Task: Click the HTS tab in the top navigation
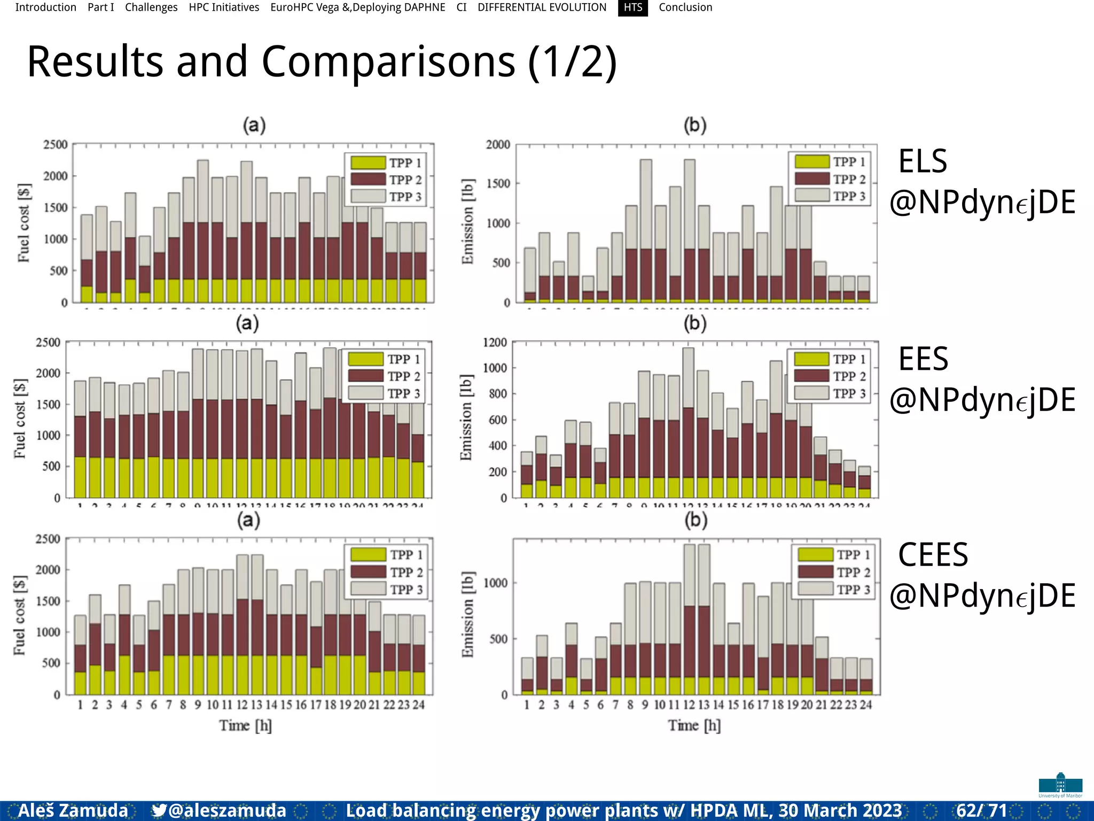pyautogui.click(x=632, y=7)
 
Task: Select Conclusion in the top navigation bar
pyautogui.click(x=685, y=7)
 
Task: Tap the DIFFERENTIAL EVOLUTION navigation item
pyautogui.click(x=542, y=7)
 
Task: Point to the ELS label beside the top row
pyautogui.click(x=923, y=161)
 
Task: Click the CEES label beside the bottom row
pyautogui.click(x=933, y=555)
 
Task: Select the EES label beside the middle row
pyautogui.click(x=923, y=359)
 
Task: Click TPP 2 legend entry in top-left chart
pyautogui.click(x=405, y=180)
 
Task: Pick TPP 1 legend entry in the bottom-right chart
pyautogui.click(x=853, y=555)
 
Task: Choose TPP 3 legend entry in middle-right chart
pyautogui.click(x=848, y=393)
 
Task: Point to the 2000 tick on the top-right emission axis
pyautogui.click(x=498, y=145)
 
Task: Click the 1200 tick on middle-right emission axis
pyautogui.click(x=495, y=342)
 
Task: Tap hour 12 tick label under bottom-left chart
pyautogui.click(x=242, y=705)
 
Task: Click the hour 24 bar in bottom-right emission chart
pyautogui.click(x=866, y=677)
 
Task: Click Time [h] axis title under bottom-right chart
pyautogui.click(x=694, y=725)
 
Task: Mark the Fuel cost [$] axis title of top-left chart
pyautogui.click(x=24, y=223)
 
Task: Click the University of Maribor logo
pyautogui.click(x=1060, y=785)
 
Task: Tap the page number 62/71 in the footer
pyautogui.click(x=981, y=811)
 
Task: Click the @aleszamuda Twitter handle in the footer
pyautogui.click(x=226, y=811)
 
